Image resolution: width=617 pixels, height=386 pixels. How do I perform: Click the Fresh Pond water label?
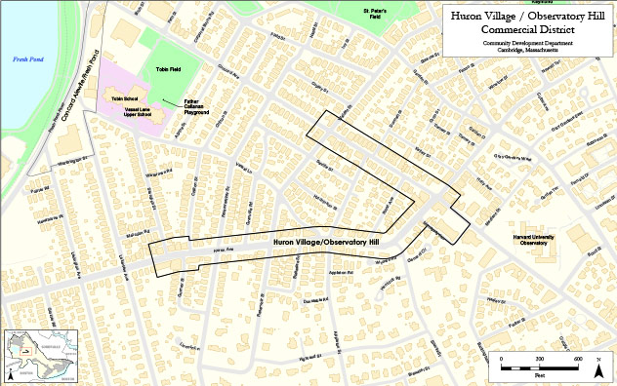coord(23,59)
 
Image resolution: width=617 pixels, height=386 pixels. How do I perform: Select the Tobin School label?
coord(120,99)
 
